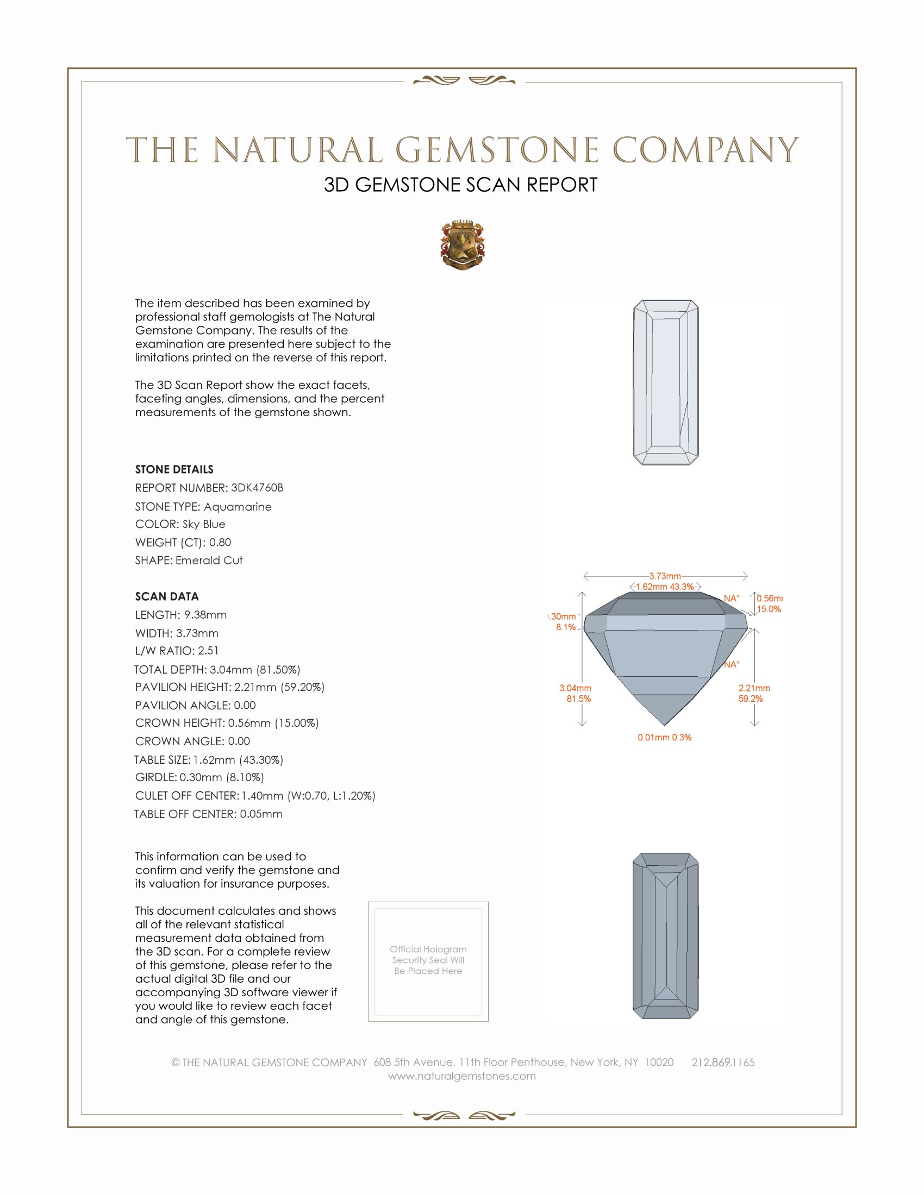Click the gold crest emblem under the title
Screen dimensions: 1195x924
(x=463, y=245)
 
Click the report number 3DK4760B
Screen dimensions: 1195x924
(x=257, y=488)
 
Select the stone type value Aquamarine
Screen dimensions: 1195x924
(x=238, y=507)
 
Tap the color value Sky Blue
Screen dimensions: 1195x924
(x=204, y=524)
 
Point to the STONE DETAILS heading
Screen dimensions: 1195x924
(x=174, y=469)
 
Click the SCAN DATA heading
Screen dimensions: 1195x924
(x=167, y=596)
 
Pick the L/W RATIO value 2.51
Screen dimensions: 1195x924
(x=208, y=651)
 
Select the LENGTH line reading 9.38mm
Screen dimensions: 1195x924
(x=180, y=614)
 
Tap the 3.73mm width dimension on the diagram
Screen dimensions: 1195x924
(x=665, y=576)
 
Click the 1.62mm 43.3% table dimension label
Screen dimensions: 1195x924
(x=665, y=587)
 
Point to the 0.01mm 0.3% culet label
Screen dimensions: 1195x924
(x=664, y=738)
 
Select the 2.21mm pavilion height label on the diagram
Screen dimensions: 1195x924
(x=754, y=688)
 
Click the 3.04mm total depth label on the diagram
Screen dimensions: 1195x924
(x=575, y=688)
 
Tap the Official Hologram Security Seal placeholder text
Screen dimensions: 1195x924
(x=428, y=960)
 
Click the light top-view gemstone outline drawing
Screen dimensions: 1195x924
(x=666, y=382)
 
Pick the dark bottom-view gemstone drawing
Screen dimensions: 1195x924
(x=666, y=936)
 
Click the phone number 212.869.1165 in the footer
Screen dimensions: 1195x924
(x=722, y=1062)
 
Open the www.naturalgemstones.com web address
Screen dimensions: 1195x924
(x=462, y=1075)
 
